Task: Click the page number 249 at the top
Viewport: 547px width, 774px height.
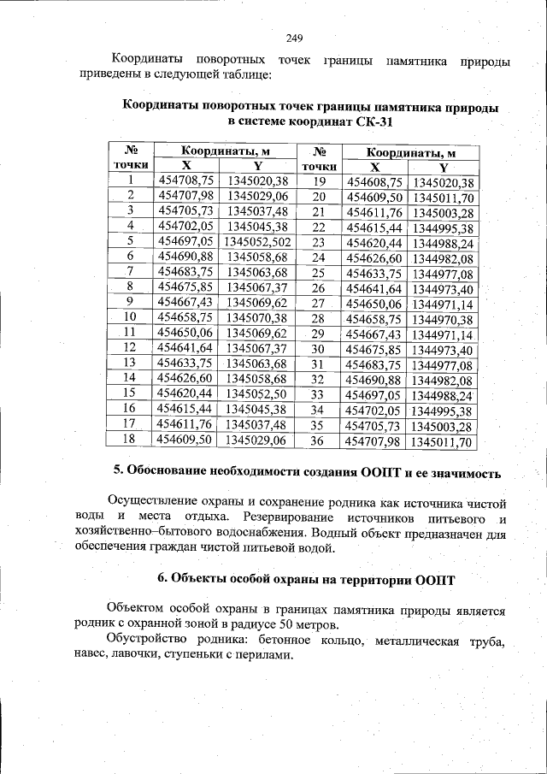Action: coord(294,38)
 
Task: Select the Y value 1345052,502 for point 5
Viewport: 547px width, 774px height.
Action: coord(256,241)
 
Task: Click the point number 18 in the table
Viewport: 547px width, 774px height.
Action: coord(130,439)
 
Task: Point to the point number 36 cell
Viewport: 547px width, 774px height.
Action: coord(318,441)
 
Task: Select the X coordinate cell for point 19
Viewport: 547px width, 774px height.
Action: coord(373,182)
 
